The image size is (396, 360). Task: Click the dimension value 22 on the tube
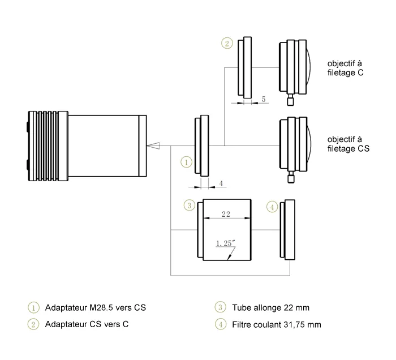225,215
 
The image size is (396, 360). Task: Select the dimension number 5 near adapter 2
263,99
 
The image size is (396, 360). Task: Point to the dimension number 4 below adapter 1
221,183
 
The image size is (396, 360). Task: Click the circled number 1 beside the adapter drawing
187,161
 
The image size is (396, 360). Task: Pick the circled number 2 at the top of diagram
227,43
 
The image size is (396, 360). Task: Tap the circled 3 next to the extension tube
190,205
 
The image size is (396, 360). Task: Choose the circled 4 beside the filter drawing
273,207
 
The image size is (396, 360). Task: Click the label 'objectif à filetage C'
346,67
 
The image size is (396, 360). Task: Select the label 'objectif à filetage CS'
348,144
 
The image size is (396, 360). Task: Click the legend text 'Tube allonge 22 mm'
270,308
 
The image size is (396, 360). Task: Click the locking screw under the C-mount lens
291,100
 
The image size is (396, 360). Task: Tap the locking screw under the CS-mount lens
291,178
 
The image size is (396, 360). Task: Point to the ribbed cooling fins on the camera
49,145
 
